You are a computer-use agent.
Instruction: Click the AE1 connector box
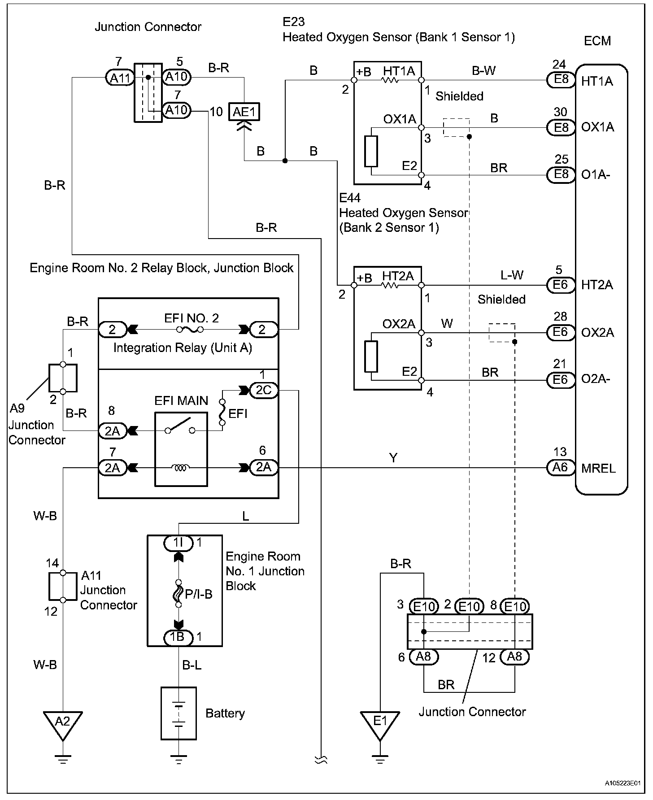pos(244,111)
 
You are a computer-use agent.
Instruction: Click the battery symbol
pos(178,713)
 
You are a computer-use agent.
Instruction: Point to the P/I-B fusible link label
pos(198,595)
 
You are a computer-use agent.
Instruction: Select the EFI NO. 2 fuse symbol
pos(190,330)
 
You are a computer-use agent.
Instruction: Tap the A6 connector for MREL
pos(561,468)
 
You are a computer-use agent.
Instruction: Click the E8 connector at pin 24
pos(561,80)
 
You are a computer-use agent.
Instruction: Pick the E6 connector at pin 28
pos(561,332)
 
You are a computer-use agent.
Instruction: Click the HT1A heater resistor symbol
pos(390,81)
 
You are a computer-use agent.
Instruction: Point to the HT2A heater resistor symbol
pos(390,285)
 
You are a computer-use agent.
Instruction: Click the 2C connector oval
pos(264,391)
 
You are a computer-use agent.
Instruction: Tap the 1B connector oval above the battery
pos(178,637)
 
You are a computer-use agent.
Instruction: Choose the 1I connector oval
pos(178,543)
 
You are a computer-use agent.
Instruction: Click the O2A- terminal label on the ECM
pos(595,379)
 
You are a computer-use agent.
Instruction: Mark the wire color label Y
pos(393,458)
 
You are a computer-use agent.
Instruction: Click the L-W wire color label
pos(512,275)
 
